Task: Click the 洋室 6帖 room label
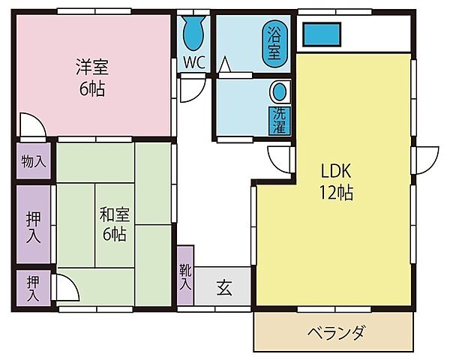pos(92,77)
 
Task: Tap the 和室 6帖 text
pos(115,224)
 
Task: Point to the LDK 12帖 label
pos(336,181)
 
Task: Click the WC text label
pos(194,62)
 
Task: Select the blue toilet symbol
pos(193,32)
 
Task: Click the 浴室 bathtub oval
pos(274,44)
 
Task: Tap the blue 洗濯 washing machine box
pos(280,121)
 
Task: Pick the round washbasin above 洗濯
pos(280,91)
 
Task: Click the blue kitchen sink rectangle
pos(322,34)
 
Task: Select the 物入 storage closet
pos(34,160)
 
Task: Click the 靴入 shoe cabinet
pos(185,275)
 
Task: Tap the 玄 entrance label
pos(224,287)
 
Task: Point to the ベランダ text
pos(336,332)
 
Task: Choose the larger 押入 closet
pos(34,224)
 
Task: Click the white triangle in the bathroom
pos(225,64)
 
